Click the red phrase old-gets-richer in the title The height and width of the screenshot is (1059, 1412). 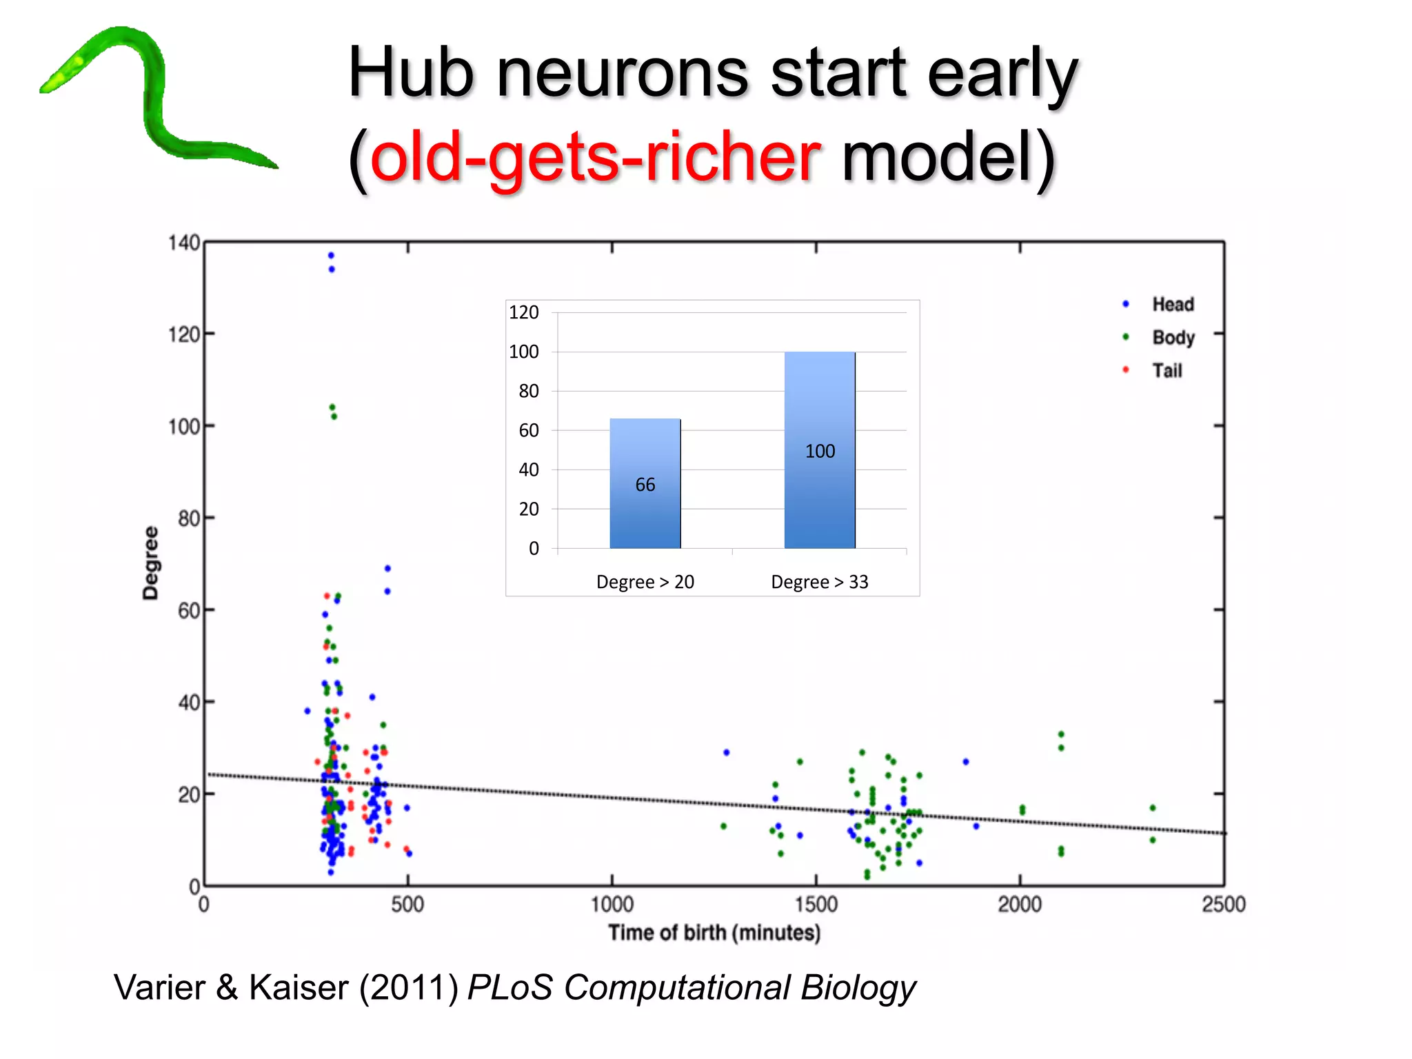pyautogui.click(x=594, y=159)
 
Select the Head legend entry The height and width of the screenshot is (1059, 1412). pyautogui.click(x=1172, y=304)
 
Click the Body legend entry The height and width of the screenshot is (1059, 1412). pyautogui.click(x=1173, y=337)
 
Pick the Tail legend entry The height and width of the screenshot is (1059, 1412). pyautogui.click(x=1167, y=370)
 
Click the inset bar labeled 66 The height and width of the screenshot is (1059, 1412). pyautogui.click(x=645, y=483)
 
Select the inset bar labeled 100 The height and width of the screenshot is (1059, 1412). pyautogui.click(x=819, y=450)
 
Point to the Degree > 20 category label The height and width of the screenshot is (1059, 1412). pyautogui.click(x=645, y=582)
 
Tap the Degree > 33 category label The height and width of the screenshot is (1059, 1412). pyautogui.click(x=819, y=582)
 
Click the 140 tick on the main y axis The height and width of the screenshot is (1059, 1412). pyautogui.click(x=183, y=243)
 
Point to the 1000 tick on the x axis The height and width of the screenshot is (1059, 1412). pyautogui.click(x=612, y=904)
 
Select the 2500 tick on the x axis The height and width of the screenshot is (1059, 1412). pyautogui.click(x=1223, y=904)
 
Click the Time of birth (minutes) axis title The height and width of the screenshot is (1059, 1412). pyautogui.click(x=714, y=933)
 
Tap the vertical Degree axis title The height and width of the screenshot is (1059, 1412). pyautogui.click(x=150, y=563)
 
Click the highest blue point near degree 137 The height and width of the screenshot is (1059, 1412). pyautogui.click(x=331, y=256)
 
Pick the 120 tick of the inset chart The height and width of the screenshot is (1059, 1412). pyautogui.click(x=523, y=312)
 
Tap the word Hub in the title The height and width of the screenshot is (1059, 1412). pyautogui.click(x=411, y=72)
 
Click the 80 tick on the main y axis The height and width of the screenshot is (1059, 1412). pyautogui.click(x=188, y=518)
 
